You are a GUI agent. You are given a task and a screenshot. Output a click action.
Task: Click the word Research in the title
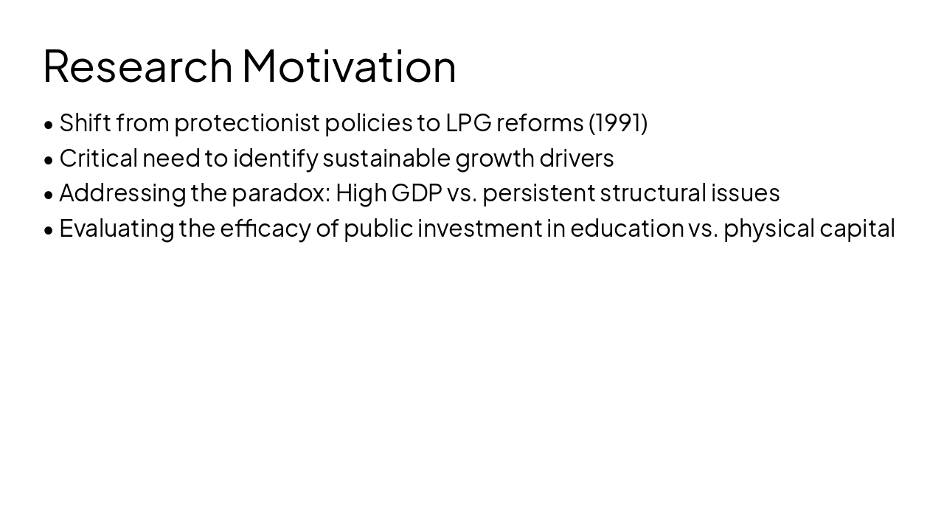tap(138, 66)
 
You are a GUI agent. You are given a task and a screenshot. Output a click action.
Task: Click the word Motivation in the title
tap(349, 66)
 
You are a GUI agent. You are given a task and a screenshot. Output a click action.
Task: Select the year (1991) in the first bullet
tap(618, 122)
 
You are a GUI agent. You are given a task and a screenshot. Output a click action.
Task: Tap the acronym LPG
tap(468, 122)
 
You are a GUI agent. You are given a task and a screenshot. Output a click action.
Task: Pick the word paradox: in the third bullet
tap(281, 193)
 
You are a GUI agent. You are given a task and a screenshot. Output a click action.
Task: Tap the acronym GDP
tap(417, 193)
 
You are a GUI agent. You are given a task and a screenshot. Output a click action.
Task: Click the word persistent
tap(538, 193)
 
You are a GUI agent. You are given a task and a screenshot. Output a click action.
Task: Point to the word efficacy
tap(265, 229)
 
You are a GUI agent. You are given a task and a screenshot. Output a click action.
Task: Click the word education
tap(627, 229)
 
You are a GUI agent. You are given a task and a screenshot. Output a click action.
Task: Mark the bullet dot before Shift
tap(49, 124)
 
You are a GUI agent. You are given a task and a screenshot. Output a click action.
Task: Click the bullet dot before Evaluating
tap(49, 230)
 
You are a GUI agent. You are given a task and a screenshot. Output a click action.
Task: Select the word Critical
tap(99, 158)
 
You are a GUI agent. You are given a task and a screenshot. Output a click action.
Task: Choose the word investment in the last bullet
tap(480, 229)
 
